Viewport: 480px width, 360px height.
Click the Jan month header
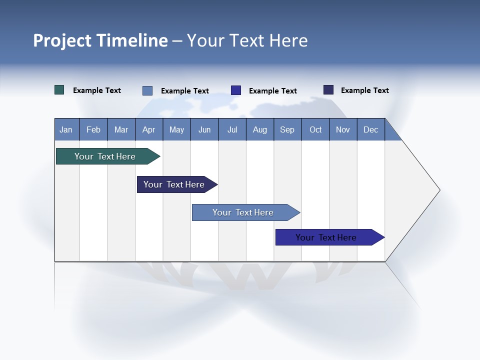[x=66, y=129]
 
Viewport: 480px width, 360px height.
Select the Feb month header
[x=93, y=129]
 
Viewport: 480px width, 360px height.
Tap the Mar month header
[x=121, y=129]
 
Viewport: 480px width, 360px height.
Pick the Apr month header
[x=149, y=129]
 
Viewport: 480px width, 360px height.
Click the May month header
[x=176, y=129]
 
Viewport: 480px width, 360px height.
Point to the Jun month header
[x=204, y=129]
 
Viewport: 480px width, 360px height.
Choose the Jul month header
[x=232, y=129]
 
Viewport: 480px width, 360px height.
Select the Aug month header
[x=260, y=129]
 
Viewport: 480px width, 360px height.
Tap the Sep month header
[x=287, y=129]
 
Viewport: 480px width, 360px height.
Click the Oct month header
[x=315, y=129]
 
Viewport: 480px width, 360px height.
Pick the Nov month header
[x=343, y=129]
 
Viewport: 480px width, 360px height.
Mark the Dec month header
[x=371, y=129]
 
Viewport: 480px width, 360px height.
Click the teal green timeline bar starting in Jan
[x=105, y=156]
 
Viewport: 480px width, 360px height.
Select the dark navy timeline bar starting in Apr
[x=174, y=184]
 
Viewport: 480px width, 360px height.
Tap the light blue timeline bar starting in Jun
[x=243, y=212]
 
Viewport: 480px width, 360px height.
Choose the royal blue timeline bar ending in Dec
[x=326, y=237]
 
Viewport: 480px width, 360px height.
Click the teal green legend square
[x=59, y=90]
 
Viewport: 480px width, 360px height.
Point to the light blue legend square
[x=147, y=90]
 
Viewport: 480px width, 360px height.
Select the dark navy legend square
[x=328, y=90]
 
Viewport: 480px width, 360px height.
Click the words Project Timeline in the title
[x=100, y=40]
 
